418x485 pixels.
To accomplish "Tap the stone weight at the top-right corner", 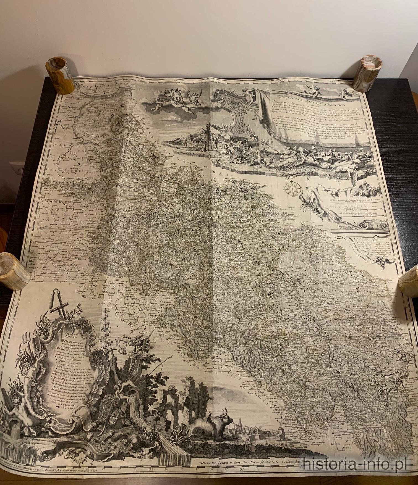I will (365, 74).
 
